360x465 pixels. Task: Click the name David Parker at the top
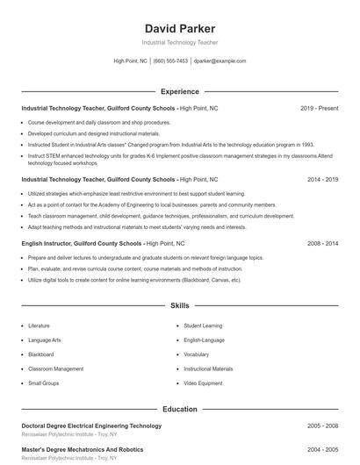tap(179, 28)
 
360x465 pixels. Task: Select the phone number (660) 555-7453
tap(170, 61)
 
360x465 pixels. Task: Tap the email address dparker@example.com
tap(220, 61)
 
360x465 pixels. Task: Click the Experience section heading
tap(179, 91)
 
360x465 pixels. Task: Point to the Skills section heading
tap(179, 306)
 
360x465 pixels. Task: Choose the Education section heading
tap(179, 409)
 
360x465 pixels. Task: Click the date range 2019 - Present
tap(319, 108)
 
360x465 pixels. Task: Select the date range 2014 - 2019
tap(322, 179)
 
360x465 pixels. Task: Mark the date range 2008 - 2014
tap(322, 243)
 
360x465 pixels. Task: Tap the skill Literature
tap(40, 325)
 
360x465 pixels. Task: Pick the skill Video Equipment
tap(203, 383)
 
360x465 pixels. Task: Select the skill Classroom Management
tap(55, 369)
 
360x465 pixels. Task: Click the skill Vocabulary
tap(196, 354)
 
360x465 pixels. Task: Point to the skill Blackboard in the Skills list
tap(41, 354)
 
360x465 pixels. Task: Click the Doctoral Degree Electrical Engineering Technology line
tap(91, 426)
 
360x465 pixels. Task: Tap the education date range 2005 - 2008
tap(322, 426)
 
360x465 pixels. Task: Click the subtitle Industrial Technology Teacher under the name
tap(179, 42)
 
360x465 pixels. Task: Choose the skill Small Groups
tap(43, 383)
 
